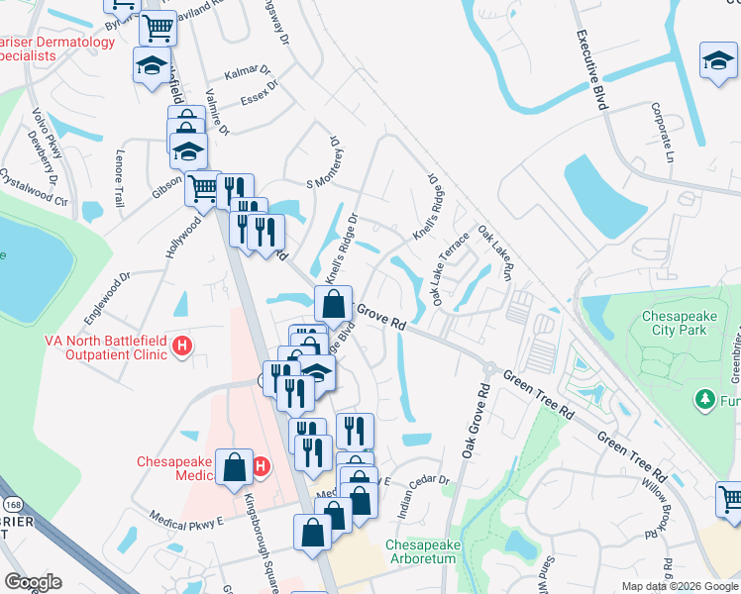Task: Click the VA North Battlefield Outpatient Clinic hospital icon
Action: pos(181,346)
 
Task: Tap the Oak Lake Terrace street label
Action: pos(448,269)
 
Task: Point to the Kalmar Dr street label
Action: pos(248,75)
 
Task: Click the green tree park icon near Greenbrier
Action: pos(703,399)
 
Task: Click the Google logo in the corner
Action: pos(33,582)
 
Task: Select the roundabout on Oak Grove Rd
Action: pos(488,367)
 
